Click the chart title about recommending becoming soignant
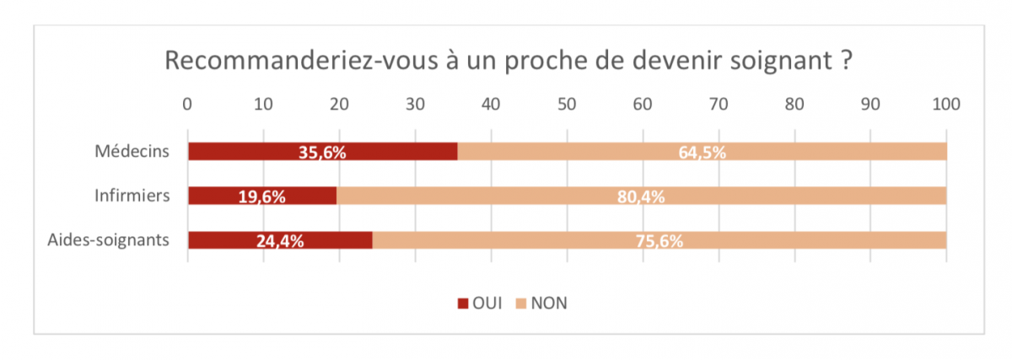click(x=506, y=62)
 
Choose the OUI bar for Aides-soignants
click(x=228, y=239)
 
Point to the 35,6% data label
click(x=322, y=153)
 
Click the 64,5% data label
click(x=702, y=153)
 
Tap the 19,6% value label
click(x=261, y=197)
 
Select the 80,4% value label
click(x=641, y=197)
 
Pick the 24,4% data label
click(x=280, y=241)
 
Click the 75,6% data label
click(x=659, y=241)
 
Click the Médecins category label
click(x=132, y=152)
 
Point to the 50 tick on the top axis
click(x=567, y=104)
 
